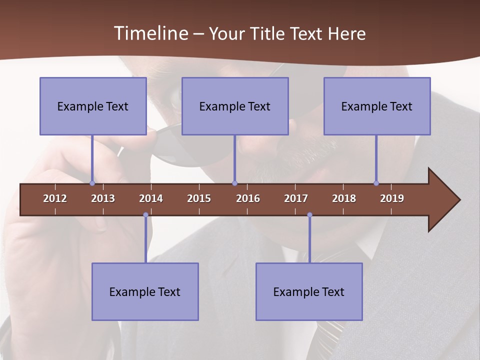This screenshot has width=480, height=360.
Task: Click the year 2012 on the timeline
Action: point(55,198)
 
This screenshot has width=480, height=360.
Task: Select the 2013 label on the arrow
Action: point(103,198)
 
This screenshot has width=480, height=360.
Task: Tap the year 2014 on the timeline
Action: point(151,198)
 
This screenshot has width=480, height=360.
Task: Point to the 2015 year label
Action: point(199,198)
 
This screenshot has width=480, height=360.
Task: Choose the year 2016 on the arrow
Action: point(248,198)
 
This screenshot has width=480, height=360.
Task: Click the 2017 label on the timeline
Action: point(296,198)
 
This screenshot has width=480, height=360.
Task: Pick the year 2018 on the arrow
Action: point(344,198)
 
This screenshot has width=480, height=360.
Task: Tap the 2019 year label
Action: point(392,198)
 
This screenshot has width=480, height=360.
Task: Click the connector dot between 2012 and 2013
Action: point(92,183)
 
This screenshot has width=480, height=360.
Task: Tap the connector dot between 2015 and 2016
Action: point(234,183)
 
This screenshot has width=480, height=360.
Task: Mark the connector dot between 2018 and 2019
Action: point(376,183)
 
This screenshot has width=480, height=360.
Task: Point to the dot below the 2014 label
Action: point(145,215)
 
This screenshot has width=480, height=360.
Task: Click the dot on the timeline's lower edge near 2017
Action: point(309,215)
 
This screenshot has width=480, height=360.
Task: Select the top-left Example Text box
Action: point(93,106)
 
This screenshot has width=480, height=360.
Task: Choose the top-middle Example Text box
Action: point(235,106)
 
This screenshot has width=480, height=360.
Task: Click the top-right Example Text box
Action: point(377,106)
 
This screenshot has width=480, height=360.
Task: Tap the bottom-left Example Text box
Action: point(145,291)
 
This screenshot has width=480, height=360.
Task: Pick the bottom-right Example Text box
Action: point(309,291)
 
